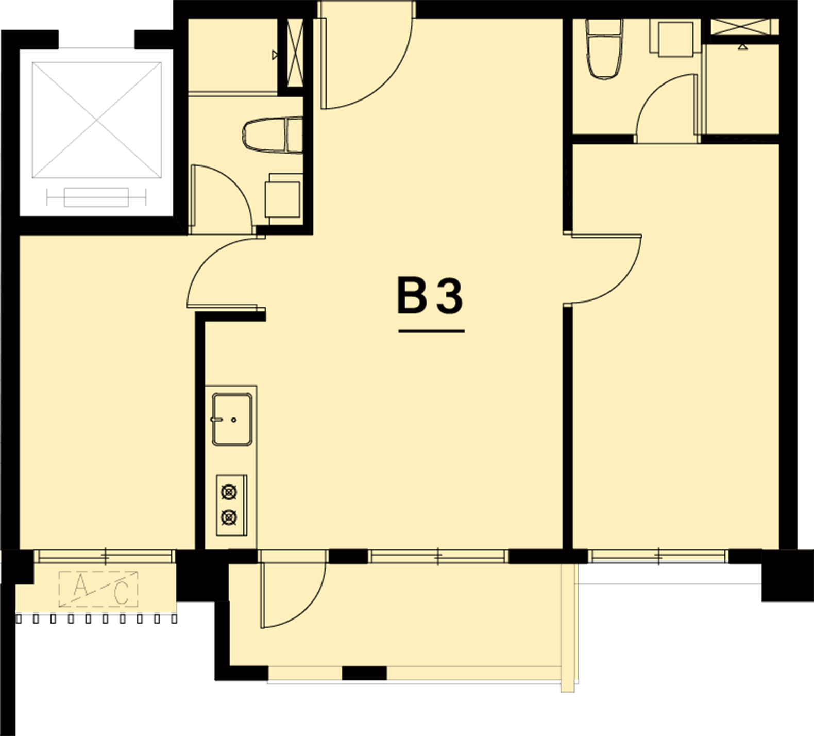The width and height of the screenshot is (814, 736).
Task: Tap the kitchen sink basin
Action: click(232, 419)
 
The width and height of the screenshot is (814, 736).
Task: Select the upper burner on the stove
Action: click(229, 492)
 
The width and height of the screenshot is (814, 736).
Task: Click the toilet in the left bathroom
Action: click(272, 135)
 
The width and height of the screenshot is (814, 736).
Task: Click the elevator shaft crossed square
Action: click(96, 120)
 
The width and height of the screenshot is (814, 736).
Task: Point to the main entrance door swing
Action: click(366, 62)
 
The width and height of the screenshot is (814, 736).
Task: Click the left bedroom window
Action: click(105, 556)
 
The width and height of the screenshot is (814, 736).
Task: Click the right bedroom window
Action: click(659, 556)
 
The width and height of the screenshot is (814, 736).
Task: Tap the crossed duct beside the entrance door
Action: click(295, 54)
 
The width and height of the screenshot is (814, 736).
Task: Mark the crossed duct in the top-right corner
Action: click(744, 26)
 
